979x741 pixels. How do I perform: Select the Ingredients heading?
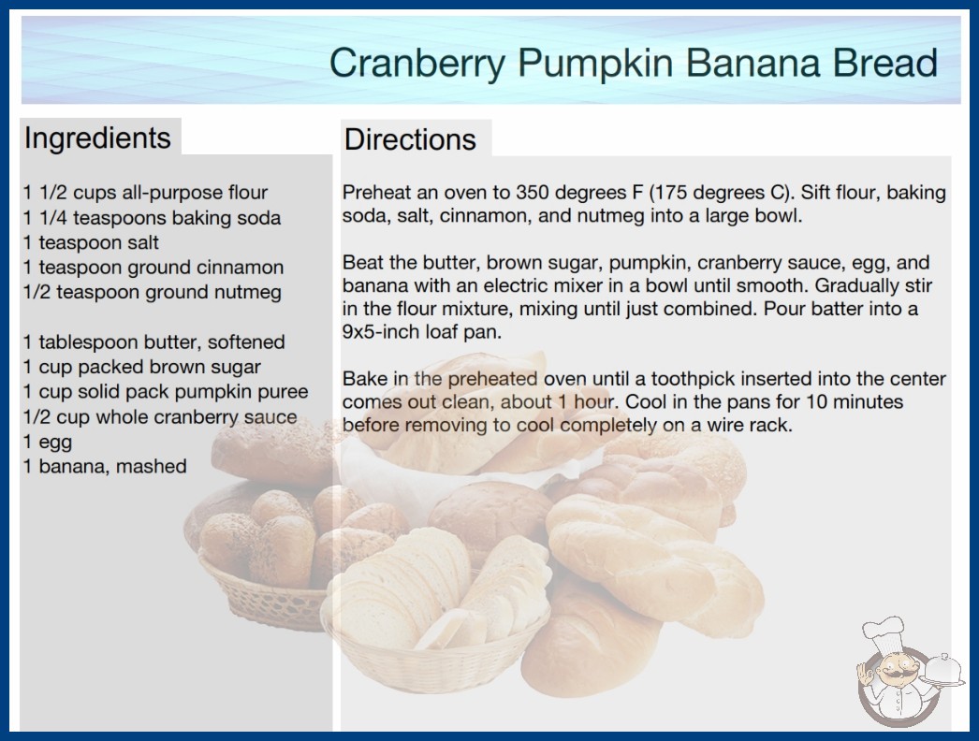coord(97,138)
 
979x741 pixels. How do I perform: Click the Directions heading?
coord(410,139)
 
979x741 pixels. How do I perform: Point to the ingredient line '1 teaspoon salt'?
coord(91,242)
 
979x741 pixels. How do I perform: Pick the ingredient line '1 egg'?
coord(48,442)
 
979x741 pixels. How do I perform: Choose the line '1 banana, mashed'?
coord(105,466)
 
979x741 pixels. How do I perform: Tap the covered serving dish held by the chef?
coord(943,672)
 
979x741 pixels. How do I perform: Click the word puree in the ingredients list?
coord(286,393)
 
